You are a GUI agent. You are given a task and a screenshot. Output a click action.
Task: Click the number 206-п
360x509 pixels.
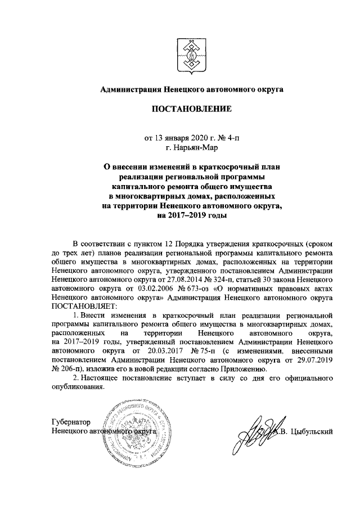click(x=68, y=369)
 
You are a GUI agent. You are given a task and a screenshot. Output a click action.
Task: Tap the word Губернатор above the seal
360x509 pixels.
click(x=70, y=421)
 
